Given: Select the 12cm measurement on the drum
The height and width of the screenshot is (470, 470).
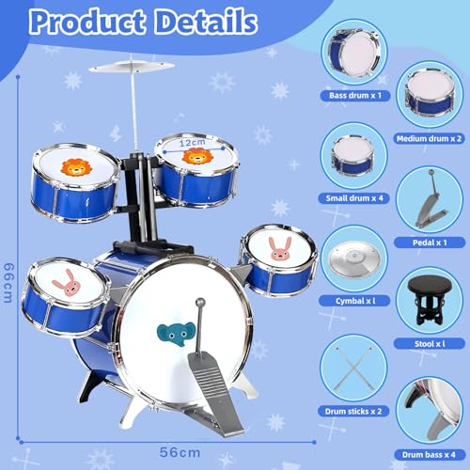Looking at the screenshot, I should pyautogui.click(x=194, y=143).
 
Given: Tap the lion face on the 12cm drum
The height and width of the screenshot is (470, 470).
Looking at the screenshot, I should pyautogui.click(x=196, y=156).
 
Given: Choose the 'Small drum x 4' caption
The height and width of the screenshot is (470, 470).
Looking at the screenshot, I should pyautogui.click(x=352, y=187).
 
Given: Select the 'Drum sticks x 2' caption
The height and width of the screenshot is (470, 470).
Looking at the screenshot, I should pyautogui.click(x=353, y=412).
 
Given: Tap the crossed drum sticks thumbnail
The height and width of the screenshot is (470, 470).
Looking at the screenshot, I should pyautogui.click(x=353, y=372).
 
